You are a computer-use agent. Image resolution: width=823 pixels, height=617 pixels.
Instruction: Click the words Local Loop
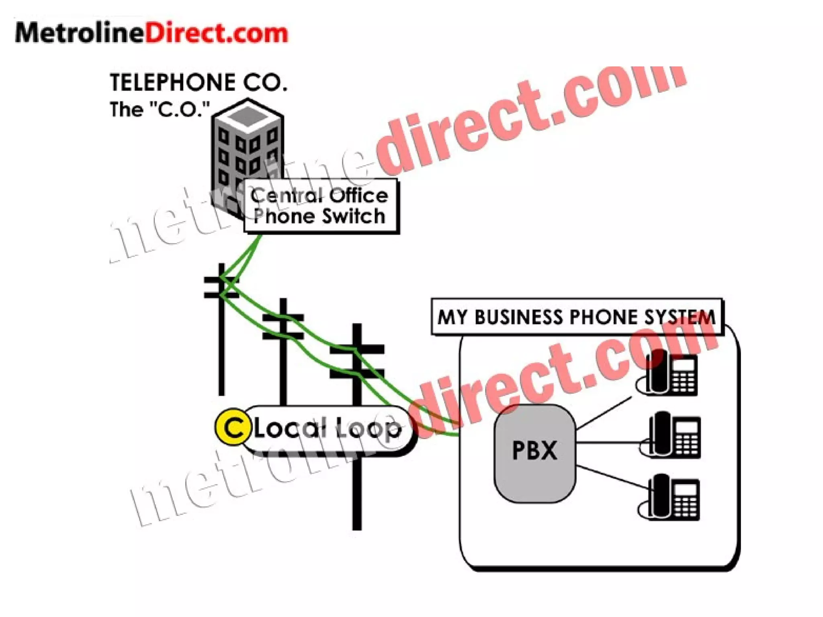(328, 429)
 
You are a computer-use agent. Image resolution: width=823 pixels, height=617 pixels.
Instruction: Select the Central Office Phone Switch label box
(320, 206)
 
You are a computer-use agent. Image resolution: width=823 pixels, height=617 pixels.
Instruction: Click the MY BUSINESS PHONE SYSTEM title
(576, 317)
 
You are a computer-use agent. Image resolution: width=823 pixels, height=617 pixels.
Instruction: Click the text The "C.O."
(160, 109)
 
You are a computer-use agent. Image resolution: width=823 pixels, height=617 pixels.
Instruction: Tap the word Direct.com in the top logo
(216, 33)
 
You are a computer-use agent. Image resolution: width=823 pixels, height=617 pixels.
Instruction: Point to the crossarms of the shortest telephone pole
(221, 287)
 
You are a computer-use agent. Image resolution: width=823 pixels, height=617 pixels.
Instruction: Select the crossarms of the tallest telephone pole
(357, 362)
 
